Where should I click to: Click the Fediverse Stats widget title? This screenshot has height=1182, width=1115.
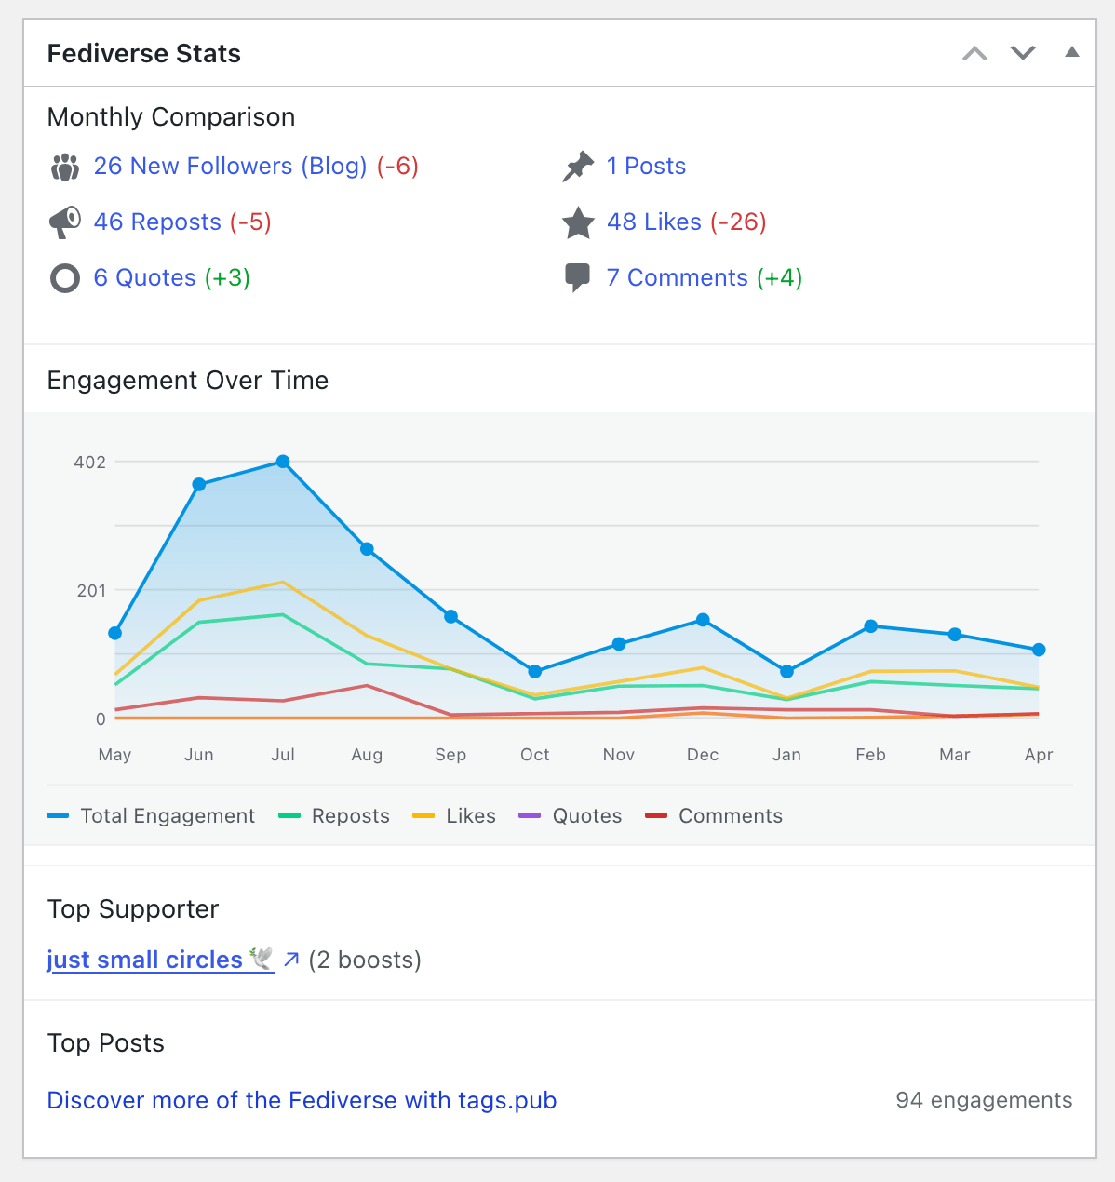(143, 54)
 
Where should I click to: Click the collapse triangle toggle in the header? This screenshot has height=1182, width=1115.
(1071, 52)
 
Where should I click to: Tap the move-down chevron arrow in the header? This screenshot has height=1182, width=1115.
(1023, 53)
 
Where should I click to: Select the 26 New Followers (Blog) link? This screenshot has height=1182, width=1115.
(230, 167)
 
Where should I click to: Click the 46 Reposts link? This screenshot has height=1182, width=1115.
(157, 222)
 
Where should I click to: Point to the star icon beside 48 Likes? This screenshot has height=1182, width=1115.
(578, 222)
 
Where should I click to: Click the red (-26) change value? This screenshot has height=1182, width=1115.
(738, 222)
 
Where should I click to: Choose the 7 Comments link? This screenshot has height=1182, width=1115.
(677, 278)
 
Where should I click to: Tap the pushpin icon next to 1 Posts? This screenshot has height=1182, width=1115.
(578, 167)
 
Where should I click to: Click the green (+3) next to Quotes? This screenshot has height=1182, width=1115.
(227, 278)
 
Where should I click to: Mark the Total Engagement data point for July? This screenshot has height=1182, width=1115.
(283, 462)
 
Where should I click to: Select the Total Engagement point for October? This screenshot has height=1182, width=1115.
(535, 671)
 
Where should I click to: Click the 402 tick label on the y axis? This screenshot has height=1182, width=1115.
(90, 463)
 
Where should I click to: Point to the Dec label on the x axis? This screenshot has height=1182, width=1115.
(703, 755)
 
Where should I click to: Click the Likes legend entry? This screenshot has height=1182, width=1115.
(470, 816)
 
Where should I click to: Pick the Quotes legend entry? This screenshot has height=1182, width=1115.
(586, 816)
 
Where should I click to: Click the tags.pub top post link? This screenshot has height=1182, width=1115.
(302, 1100)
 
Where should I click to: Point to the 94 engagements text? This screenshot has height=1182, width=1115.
(983, 1100)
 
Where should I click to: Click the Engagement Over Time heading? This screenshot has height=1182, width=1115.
(187, 381)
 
